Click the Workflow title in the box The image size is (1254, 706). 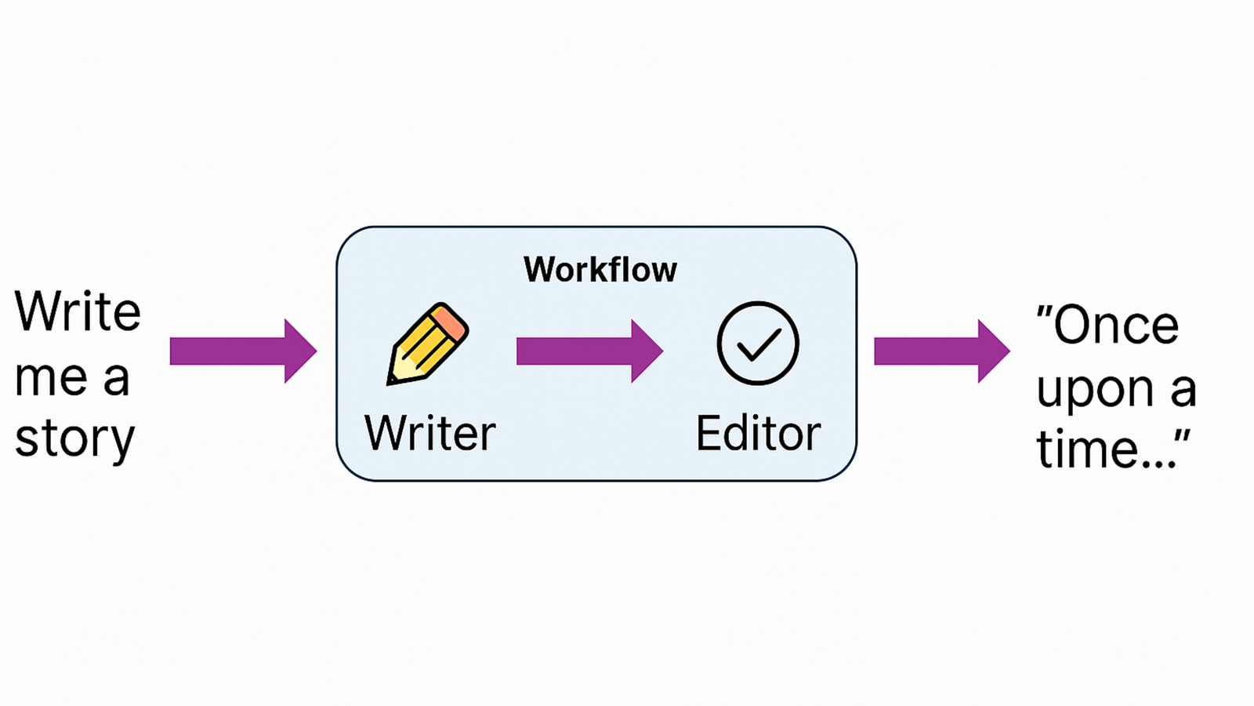600,270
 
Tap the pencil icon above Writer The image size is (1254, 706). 428,344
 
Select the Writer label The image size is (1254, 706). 430,433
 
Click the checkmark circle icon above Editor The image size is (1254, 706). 758,344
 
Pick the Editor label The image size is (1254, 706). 758,433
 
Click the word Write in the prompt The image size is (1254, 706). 78,311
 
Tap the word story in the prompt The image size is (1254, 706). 75,439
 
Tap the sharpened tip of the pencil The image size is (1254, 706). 393,379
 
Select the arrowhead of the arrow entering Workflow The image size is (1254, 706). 299,351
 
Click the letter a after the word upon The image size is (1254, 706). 1183,390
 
